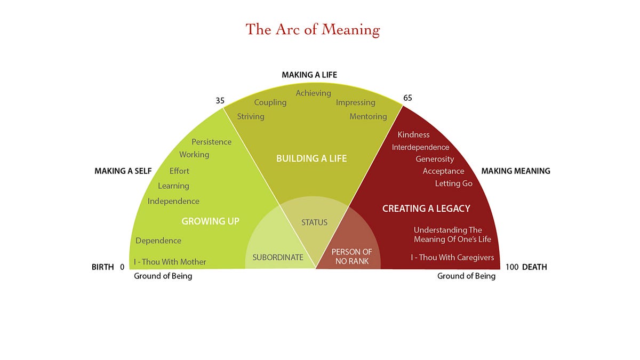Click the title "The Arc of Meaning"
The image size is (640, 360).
click(312, 29)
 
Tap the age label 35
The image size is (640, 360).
click(220, 100)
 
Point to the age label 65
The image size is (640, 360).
click(408, 98)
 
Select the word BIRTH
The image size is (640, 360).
click(103, 267)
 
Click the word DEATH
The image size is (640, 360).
click(534, 267)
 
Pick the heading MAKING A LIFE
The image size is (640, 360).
click(309, 75)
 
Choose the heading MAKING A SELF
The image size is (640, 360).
click(123, 171)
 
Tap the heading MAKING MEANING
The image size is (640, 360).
click(516, 171)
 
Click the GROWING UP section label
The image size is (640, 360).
click(210, 221)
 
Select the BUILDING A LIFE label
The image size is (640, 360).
click(311, 158)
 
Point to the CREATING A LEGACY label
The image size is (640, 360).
click(426, 209)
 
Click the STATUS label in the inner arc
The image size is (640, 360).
click(314, 222)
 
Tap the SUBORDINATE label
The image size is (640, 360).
click(278, 257)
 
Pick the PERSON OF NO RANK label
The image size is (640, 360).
click(351, 257)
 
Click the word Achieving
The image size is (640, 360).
click(314, 93)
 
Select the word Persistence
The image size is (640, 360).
click(212, 142)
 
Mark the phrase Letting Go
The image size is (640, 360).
click(454, 183)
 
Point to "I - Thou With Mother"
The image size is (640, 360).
click(170, 262)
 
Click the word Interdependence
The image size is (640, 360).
click(420, 147)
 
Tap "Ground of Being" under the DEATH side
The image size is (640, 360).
click(466, 276)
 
